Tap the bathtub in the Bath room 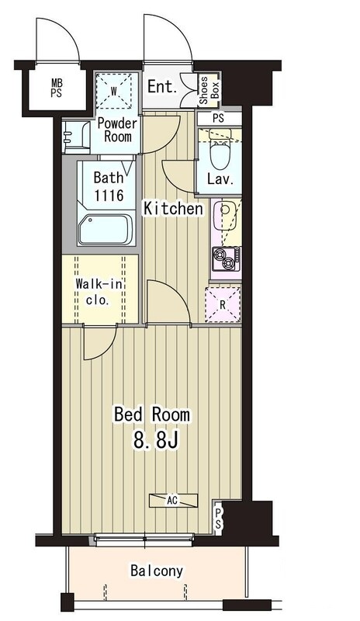pyautogui.click(x=105, y=230)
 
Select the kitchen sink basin pyautogui.click(x=223, y=215)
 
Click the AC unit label pyautogui.click(x=172, y=501)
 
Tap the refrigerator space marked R pyautogui.click(x=223, y=305)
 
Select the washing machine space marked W pyautogui.click(x=113, y=92)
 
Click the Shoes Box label pyautogui.click(x=209, y=90)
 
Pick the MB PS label pyautogui.click(x=56, y=88)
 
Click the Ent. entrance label pyautogui.click(x=162, y=87)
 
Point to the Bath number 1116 pyautogui.click(x=109, y=196)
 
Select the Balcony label pyautogui.click(x=157, y=571)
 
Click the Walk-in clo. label pyautogui.click(x=99, y=292)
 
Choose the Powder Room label pyautogui.click(x=118, y=130)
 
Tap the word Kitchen pyautogui.click(x=173, y=208)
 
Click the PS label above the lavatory pyautogui.click(x=218, y=118)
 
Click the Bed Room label pyautogui.click(x=152, y=415)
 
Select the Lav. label pyautogui.click(x=220, y=180)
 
